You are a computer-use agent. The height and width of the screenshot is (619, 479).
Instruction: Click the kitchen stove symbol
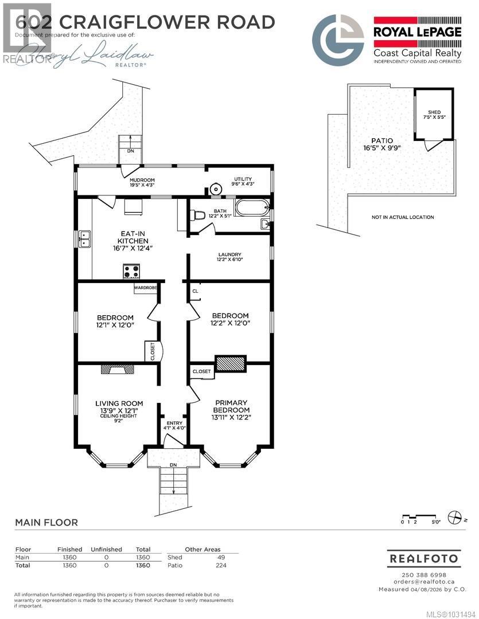pos(131,271)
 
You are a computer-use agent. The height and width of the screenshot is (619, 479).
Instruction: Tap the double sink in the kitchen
pos(84,238)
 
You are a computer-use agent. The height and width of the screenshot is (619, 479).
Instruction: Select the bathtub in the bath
pos(251,206)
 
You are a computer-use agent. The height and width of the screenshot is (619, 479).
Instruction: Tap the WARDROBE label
pos(146,288)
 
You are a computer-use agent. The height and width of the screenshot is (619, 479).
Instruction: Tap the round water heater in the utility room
pos(215,189)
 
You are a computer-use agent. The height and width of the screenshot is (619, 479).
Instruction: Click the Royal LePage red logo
pos(417,28)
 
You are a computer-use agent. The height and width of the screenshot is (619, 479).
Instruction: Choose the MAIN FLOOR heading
pos(46,523)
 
